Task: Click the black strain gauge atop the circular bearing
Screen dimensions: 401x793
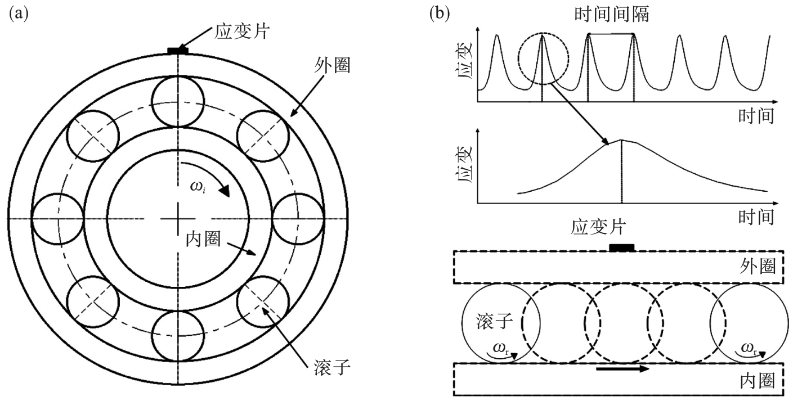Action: [x=178, y=51]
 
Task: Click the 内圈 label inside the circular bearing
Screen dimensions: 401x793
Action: [x=204, y=239]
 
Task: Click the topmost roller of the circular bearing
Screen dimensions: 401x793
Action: [x=177, y=101]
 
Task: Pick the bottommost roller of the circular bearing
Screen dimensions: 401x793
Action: [x=177, y=336]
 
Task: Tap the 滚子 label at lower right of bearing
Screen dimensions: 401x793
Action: [x=331, y=369]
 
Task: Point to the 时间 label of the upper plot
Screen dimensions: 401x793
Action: [x=756, y=116]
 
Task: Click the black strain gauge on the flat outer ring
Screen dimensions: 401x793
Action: [x=621, y=247]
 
